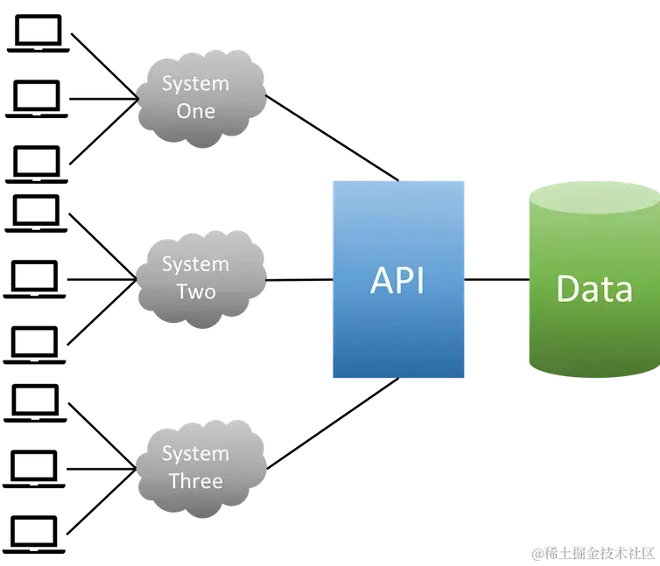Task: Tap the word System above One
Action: pyautogui.click(x=195, y=84)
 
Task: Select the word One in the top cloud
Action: pyautogui.click(x=195, y=111)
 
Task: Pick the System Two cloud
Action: pyautogui.click(x=200, y=276)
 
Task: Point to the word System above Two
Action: pyautogui.click(x=195, y=264)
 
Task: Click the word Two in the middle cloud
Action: pyautogui.click(x=195, y=291)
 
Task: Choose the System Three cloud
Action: pyautogui.click(x=200, y=465)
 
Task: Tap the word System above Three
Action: pyautogui.click(x=195, y=453)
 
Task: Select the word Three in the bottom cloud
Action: pyautogui.click(x=195, y=480)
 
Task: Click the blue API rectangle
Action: pyautogui.click(x=397, y=332)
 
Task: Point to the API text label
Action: pyautogui.click(x=397, y=280)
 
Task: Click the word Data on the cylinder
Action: pyautogui.click(x=593, y=289)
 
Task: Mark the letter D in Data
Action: pyautogui.click(x=568, y=289)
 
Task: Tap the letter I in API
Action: pyautogui.click(x=421, y=280)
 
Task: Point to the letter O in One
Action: pyautogui.click(x=184, y=111)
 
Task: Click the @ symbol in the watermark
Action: pyautogui.click(x=537, y=552)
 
